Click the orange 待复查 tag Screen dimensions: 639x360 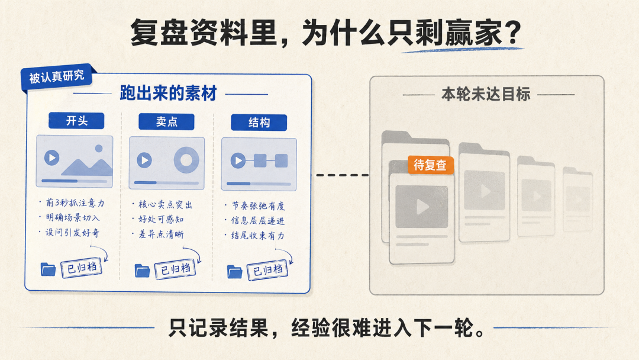coord(431,165)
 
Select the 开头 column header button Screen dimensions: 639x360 coord(76,121)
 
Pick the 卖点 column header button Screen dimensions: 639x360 coord(166,121)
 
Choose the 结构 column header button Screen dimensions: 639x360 coord(259,123)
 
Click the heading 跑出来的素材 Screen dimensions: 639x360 coord(168,94)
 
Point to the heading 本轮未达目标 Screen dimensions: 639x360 coord(486,94)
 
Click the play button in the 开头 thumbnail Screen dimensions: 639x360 coord(51,157)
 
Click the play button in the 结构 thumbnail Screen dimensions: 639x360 coord(238,160)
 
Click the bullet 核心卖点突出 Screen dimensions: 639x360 coord(162,204)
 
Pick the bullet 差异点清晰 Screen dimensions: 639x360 coord(158,234)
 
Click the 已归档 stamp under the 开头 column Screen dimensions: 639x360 coord(82,268)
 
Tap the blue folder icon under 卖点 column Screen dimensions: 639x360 coord(142,271)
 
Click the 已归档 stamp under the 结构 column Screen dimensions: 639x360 coord(268,270)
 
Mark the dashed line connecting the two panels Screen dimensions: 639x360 coord(343,175)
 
